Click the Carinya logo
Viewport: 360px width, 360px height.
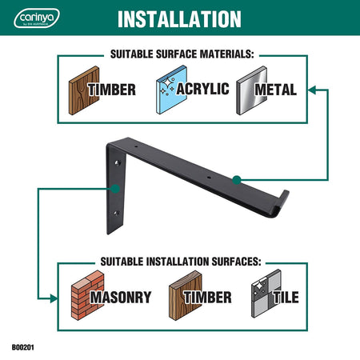pos(37,18)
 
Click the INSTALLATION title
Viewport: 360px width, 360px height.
pos(179,19)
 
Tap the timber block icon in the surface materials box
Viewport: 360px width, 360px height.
pos(84,90)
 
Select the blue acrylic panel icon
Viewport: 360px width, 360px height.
pos(171,90)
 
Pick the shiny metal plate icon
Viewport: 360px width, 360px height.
pos(251,90)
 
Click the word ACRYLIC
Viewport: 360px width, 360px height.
pos(203,89)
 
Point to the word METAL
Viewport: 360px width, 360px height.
pos(276,90)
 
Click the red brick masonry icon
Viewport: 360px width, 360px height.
pos(87,295)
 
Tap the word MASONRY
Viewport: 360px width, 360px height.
pos(121,297)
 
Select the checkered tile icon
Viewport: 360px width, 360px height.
pos(266,294)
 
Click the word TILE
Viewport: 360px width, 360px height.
pos(286,297)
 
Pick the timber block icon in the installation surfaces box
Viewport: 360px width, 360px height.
pos(186,295)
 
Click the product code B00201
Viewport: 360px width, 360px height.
pos(23,347)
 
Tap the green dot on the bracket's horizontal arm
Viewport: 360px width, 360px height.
pos(237,180)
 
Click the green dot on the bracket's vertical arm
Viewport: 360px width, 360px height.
pos(115,189)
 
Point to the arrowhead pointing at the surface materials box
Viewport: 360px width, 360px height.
pos(312,90)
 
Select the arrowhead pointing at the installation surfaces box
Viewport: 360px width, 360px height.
pos(54,298)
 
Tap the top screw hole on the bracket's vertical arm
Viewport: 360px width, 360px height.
pos(117,162)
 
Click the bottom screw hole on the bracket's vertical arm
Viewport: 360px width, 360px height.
pos(116,213)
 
